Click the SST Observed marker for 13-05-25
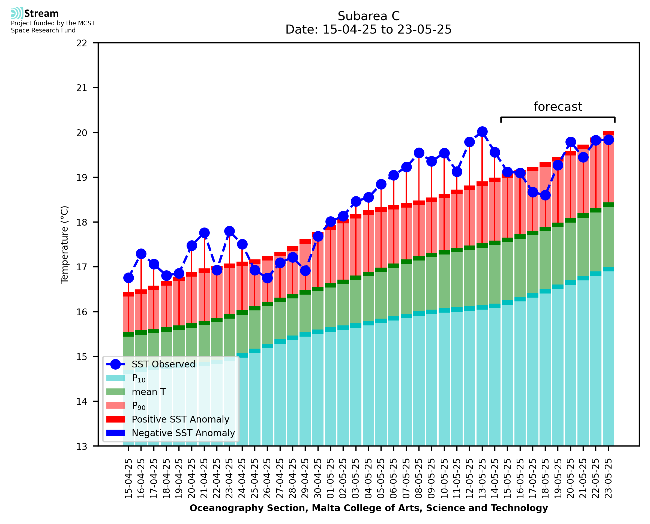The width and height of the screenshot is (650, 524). (482, 131)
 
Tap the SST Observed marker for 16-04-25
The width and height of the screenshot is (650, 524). (141, 254)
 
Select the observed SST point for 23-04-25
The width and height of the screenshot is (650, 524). (229, 231)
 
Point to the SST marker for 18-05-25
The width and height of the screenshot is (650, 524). (545, 195)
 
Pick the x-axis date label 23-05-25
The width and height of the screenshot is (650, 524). (608, 478)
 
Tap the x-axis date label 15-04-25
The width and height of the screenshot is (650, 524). (128, 478)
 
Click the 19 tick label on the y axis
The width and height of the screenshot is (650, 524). (82, 178)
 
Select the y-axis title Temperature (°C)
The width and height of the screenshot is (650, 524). (65, 244)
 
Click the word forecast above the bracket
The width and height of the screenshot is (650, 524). (558, 107)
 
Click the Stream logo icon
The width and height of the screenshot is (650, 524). (17, 13)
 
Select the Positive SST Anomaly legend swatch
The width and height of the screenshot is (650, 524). (115, 419)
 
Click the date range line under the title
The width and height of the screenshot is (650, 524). (369, 29)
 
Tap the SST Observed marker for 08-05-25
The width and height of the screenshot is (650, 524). (419, 153)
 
